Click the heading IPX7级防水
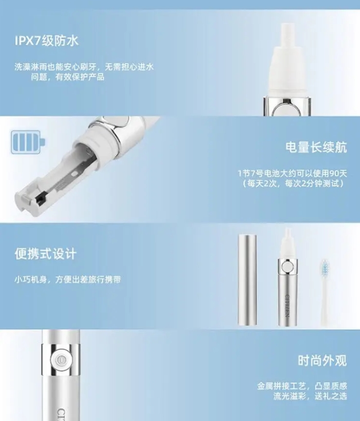click(x=46, y=41)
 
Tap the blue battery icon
click(x=28, y=142)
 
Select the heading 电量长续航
click(x=316, y=147)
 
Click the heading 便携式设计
click(x=46, y=254)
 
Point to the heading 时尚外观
click(x=323, y=360)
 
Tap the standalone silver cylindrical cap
click(x=247, y=280)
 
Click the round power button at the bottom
click(x=61, y=359)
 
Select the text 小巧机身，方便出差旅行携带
click(x=68, y=279)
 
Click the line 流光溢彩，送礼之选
click(x=310, y=396)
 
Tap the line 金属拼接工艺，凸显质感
click(x=302, y=386)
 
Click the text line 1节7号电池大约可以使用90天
click(x=292, y=174)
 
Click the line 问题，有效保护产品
click(x=68, y=77)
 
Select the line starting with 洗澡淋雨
click(x=84, y=67)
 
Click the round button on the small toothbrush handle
click(x=287, y=267)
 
